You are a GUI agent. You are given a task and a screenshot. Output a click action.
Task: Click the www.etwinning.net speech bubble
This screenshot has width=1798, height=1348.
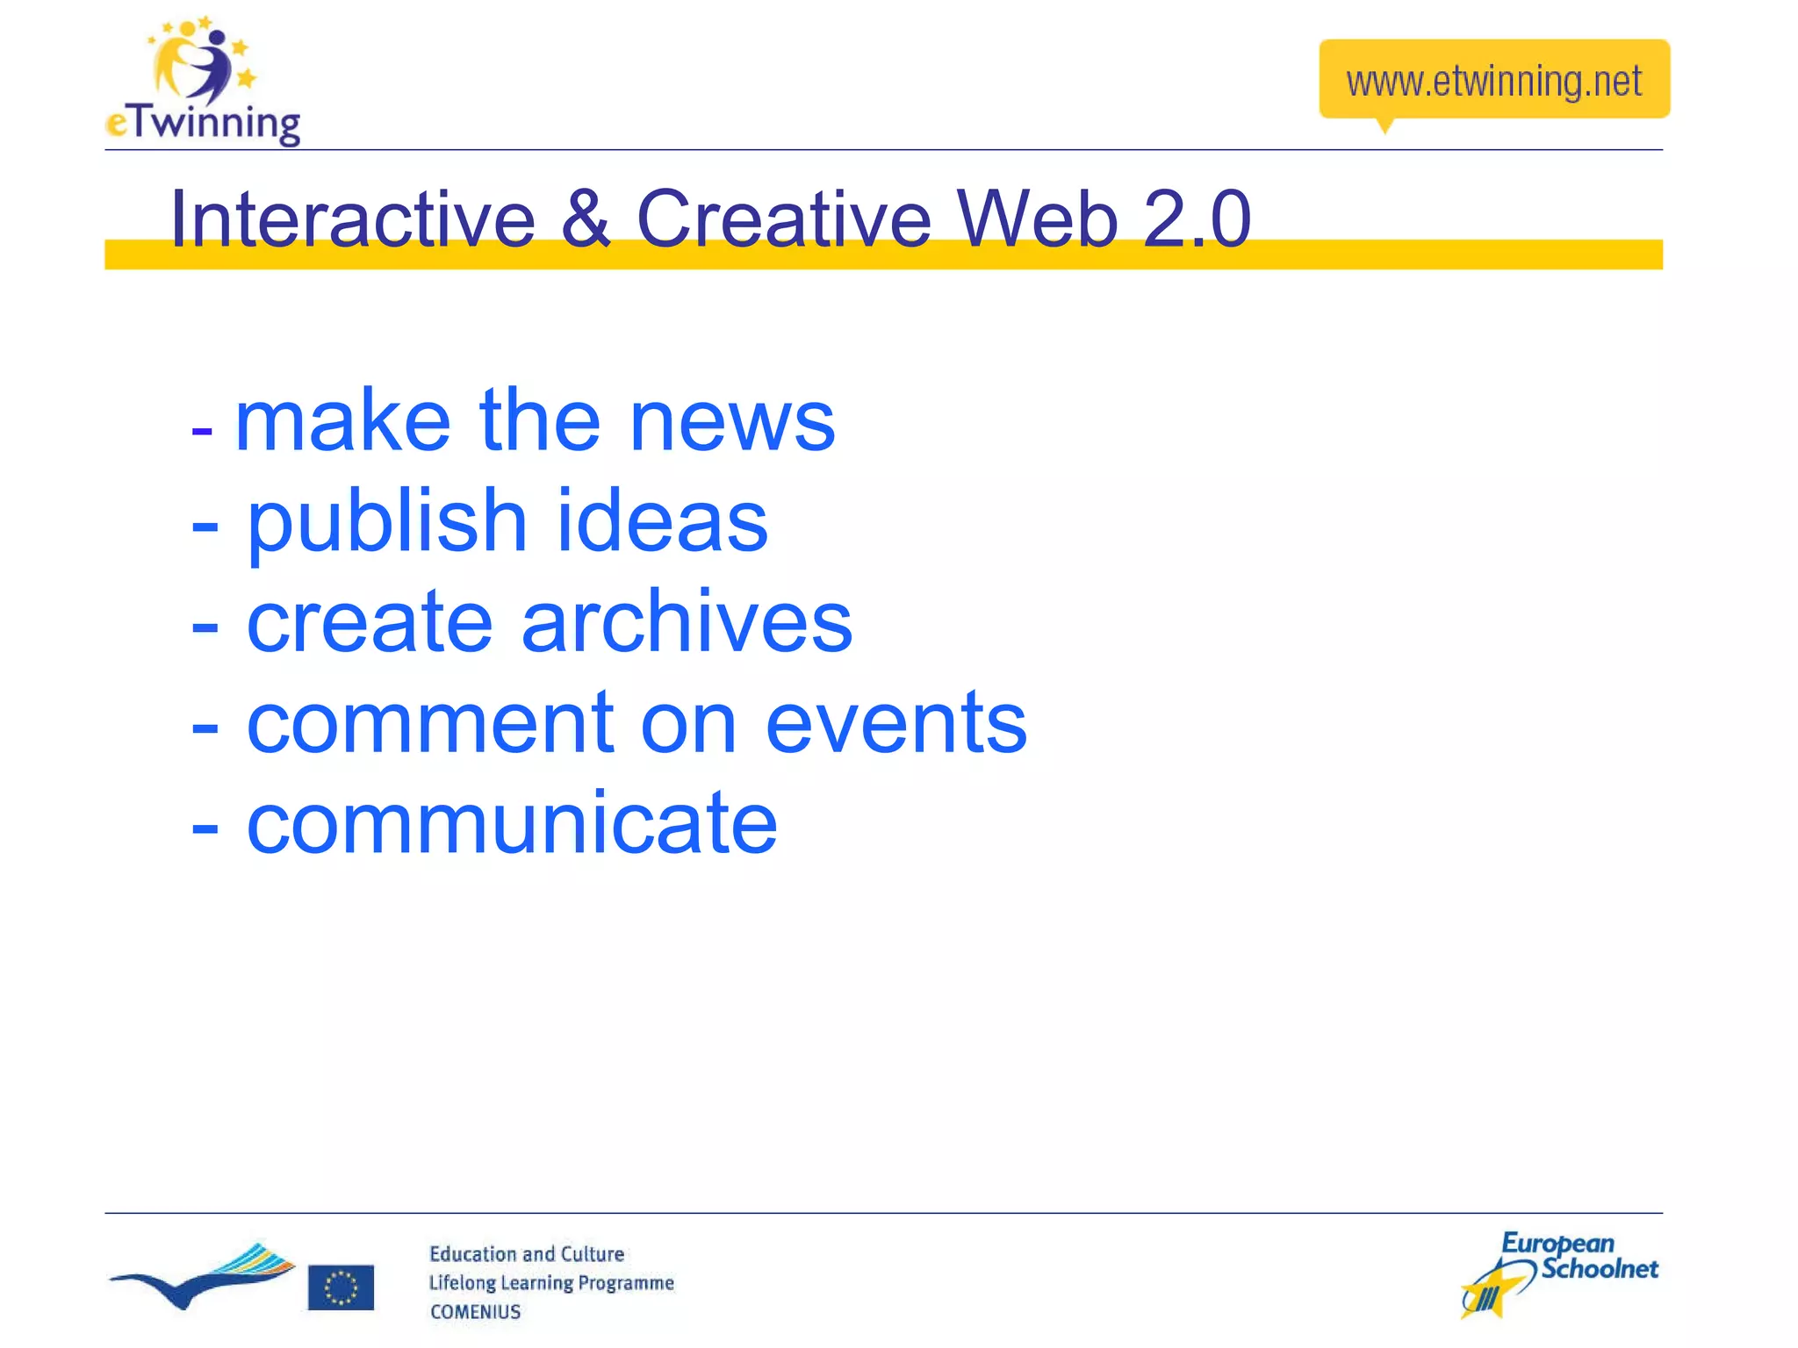[x=1493, y=80]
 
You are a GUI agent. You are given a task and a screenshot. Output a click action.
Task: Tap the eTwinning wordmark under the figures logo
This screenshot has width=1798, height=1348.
[x=204, y=123]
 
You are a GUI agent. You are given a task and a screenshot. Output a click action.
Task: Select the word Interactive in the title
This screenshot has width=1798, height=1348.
[x=352, y=219]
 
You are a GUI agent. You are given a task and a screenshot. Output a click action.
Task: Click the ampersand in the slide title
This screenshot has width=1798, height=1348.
[x=585, y=219]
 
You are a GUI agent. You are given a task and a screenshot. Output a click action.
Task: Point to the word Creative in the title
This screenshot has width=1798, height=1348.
[x=783, y=219]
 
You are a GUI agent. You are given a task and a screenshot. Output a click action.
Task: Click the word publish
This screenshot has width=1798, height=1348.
[x=386, y=523]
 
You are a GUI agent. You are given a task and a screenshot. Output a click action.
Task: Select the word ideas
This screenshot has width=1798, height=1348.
[x=662, y=523]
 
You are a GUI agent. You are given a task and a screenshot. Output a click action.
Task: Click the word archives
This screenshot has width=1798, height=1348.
[x=687, y=623]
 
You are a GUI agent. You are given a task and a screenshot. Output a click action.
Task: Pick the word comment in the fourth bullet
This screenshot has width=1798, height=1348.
[x=430, y=724]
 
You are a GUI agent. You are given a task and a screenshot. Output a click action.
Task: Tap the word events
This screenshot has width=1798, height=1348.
[x=895, y=724]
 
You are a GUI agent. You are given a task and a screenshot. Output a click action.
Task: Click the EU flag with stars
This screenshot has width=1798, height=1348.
[x=341, y=1287]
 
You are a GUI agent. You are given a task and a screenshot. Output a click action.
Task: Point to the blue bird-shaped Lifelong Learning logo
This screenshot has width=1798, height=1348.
[x=202, y=1278]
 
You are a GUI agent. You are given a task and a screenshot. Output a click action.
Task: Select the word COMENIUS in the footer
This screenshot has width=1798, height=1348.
[x=475, y=1312]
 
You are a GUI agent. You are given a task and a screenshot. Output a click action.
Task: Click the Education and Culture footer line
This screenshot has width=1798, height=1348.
[x=527, y=1254]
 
